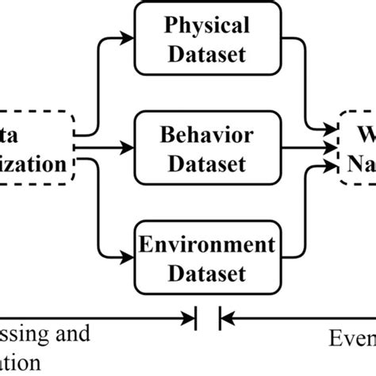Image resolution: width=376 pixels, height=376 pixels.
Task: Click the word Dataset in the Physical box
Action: tap(206, 56)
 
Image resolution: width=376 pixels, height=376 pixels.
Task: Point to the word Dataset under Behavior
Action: tap(206, 164)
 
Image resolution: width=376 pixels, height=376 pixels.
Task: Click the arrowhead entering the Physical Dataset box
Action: tap(126, 37)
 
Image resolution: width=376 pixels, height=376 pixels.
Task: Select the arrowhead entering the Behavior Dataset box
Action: tap(126, 147)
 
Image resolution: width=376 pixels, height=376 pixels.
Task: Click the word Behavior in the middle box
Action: tap(206, 135)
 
